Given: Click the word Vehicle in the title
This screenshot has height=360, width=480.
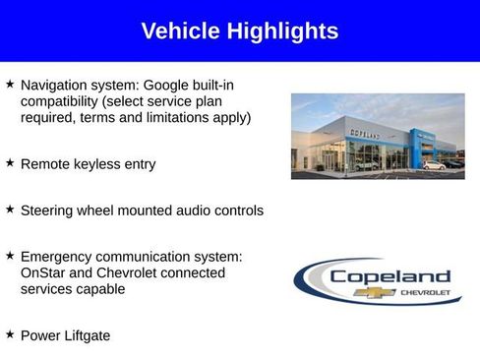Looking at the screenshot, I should point(181,31).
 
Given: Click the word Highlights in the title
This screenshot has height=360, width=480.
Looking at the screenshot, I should point(283,31).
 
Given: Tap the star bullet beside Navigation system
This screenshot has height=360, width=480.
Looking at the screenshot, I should point(10,86).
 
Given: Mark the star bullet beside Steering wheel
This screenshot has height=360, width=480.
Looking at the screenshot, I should point(10,210).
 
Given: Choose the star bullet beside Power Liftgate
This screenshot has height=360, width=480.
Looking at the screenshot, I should point(10,335).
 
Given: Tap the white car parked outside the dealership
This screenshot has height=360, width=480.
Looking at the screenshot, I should point(432,164).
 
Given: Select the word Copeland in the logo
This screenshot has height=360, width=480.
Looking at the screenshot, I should point(390,276).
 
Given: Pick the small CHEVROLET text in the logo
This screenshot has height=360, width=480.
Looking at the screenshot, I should point(425,292).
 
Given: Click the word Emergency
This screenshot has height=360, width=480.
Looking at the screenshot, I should point(57,257).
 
